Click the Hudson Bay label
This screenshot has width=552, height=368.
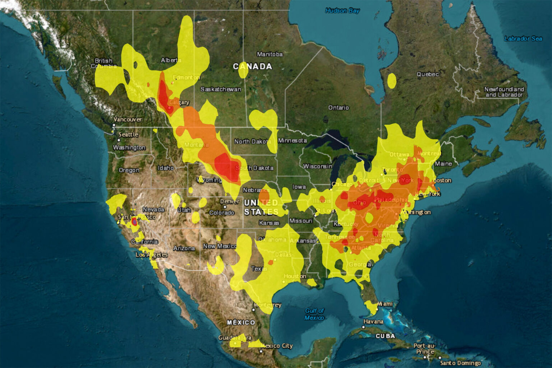tap(342, 11)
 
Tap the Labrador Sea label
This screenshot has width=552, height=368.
tap(523, 38)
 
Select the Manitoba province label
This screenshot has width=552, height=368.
tap(270, 54)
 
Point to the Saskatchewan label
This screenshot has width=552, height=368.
tap(221, 89)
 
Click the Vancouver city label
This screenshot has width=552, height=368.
tap(128, 119)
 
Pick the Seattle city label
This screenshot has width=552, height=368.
tap(128, 134)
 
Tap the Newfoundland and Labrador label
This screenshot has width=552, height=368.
tap(504, 92)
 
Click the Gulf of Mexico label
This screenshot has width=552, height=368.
tap(314, 314)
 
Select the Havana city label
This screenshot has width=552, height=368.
tap(373, 321)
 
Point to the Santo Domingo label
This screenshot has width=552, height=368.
tap(460, 363)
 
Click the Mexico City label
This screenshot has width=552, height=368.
tap(276, 346)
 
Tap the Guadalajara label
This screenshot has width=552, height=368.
tap(235, 338)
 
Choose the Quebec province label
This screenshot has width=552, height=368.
tap(428, 74)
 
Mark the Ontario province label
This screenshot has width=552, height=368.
tap(338, 107)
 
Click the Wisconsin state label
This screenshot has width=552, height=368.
tap(317, 166)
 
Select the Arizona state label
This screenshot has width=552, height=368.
tap(184, 248)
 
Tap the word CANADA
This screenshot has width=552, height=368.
tap(252, 66)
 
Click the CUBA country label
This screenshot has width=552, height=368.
tap(385, 336)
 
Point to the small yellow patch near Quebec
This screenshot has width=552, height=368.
tap(392, 80)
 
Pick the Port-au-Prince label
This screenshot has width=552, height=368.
tap(425, 349)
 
